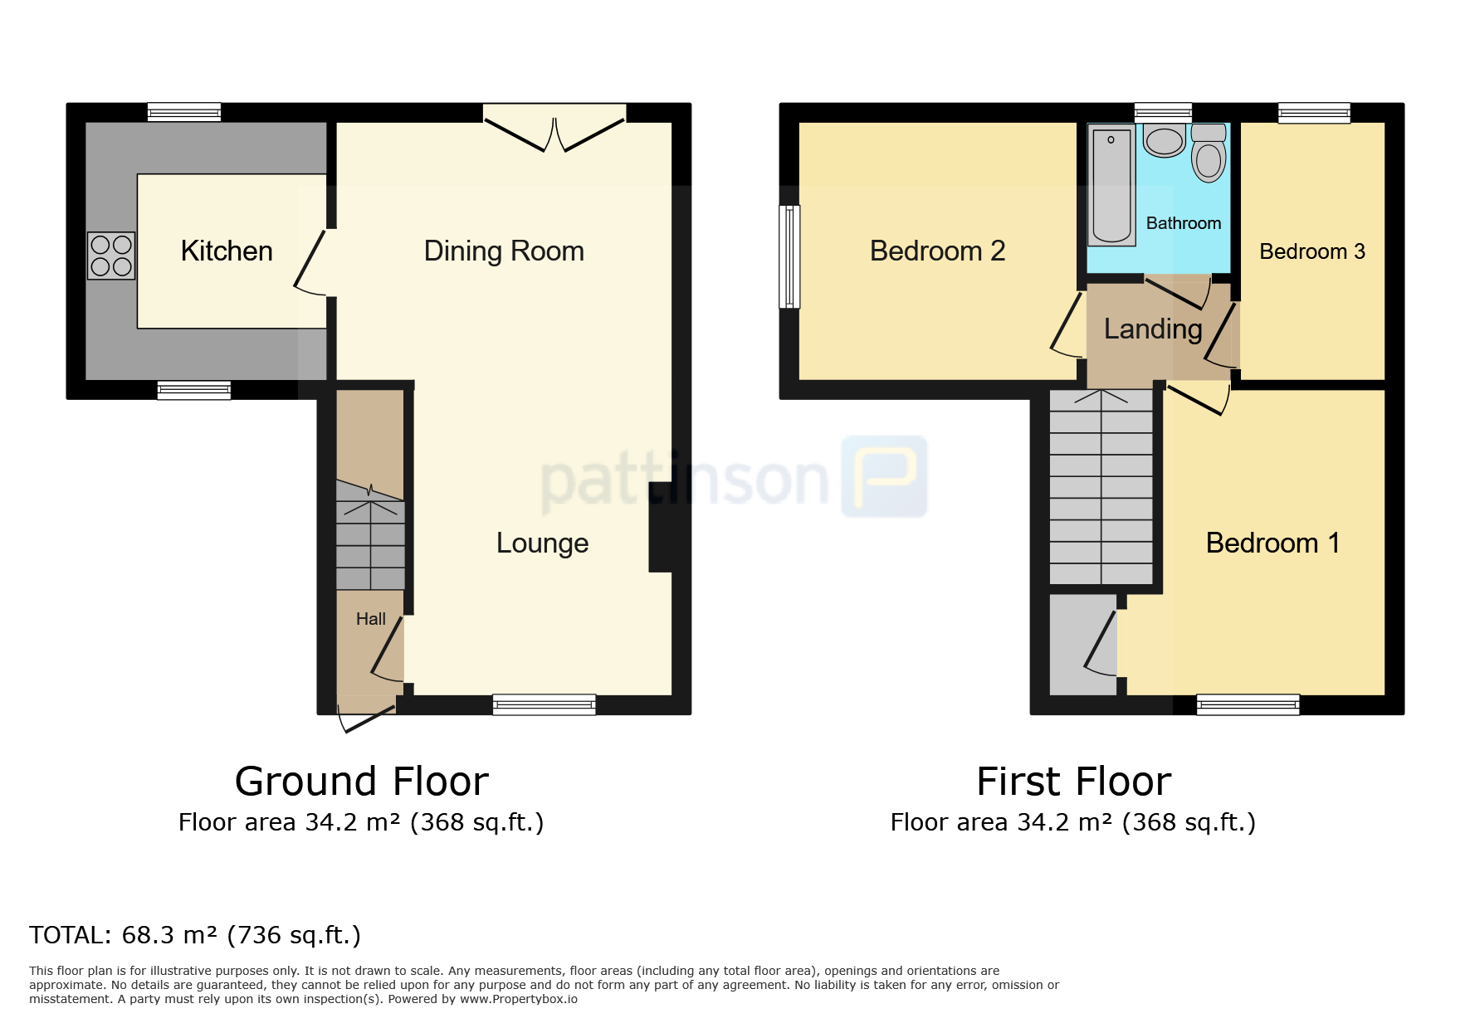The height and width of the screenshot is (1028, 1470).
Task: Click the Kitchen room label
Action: pos(227,251)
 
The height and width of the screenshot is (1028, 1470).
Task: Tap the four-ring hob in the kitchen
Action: pos(111,256)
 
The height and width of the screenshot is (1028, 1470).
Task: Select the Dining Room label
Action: pos(504,251)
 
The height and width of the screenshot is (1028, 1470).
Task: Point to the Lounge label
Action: pos(542,543)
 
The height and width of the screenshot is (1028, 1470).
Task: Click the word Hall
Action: pos(371,619)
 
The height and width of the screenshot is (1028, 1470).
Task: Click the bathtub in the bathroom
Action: pos(1112,185)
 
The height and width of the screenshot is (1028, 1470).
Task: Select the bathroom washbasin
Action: pos(1165,140)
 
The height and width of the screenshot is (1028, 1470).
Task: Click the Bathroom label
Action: pos(1184,223)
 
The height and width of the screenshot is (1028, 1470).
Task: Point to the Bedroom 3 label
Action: pos(1312,251)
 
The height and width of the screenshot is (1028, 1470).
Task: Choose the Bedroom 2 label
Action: pos(937,251)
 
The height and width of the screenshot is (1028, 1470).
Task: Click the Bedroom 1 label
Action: pos(1272,543)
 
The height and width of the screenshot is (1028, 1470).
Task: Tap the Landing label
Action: pos(1153,329)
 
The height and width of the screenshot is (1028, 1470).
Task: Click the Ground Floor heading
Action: pos(362,782)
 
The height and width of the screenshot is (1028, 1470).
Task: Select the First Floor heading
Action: pos(1073,782)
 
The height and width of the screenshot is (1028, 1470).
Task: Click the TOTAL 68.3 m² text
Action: pos(195,935)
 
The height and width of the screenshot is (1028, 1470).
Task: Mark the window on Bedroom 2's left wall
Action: pos(789,256)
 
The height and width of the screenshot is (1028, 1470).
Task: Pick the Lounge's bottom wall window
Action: pos(544,704)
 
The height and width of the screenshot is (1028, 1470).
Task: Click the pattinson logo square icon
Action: pos(884,476)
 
